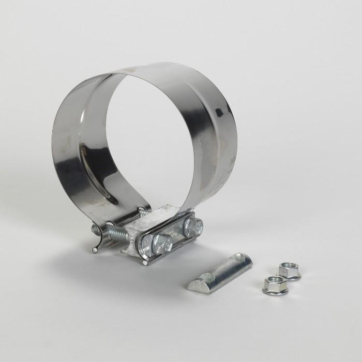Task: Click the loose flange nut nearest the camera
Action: (x=275, y=285)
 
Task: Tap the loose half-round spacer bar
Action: (x=220, y=273)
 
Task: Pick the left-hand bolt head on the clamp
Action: (x=162, y=243)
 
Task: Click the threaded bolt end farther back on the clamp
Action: (x=142, y=210)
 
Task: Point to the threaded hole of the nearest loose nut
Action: (x=274, y=282)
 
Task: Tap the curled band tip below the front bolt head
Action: (x=145, y=262)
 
